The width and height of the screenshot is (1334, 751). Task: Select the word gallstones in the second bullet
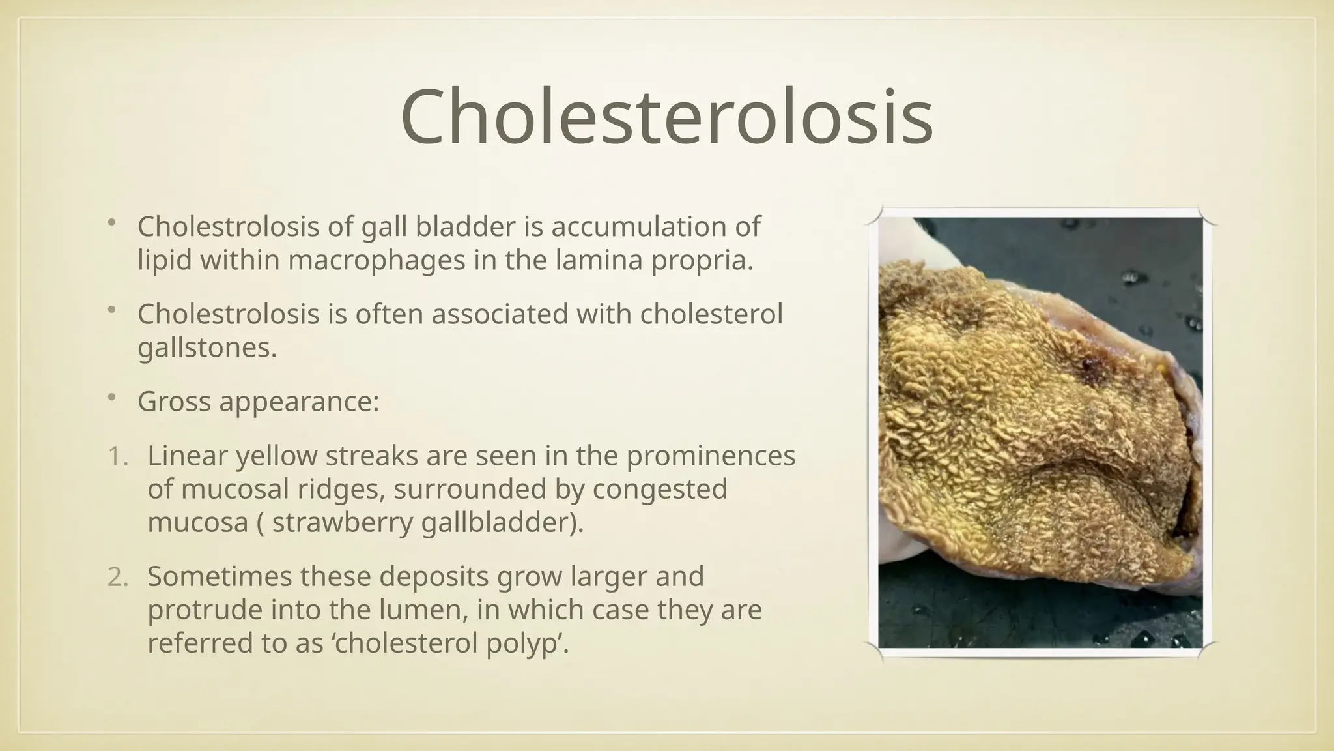(207, 347)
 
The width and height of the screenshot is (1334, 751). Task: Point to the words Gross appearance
(258, 402)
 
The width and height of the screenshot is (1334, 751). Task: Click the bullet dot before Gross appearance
(111, 397)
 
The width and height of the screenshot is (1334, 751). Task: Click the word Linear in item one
(187, 456)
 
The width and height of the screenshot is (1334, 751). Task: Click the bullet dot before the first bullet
(111, 223)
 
